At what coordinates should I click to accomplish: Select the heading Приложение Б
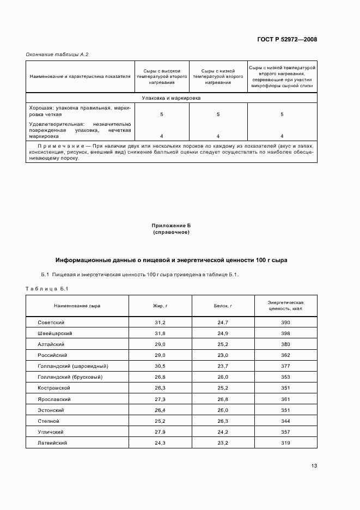point(171,225)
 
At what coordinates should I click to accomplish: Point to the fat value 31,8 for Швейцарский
point(160,333)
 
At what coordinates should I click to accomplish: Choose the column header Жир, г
point(160,306)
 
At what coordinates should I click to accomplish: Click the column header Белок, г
point(223,306)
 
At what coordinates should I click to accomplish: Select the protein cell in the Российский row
point(223,355)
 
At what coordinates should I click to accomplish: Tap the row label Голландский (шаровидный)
point(72,366)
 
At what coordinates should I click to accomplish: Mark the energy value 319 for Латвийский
point(285,444)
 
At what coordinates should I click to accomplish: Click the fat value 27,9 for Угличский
point(160,432)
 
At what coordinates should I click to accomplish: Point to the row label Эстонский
point(51,410)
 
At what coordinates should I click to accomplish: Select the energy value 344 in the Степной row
point(285,421)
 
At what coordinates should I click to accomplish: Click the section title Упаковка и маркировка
point(171,98)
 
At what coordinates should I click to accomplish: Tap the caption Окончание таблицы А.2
point(57,54)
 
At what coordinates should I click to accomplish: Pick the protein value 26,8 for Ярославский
point(223,399)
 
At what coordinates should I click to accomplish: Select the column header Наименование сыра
point(77,306)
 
